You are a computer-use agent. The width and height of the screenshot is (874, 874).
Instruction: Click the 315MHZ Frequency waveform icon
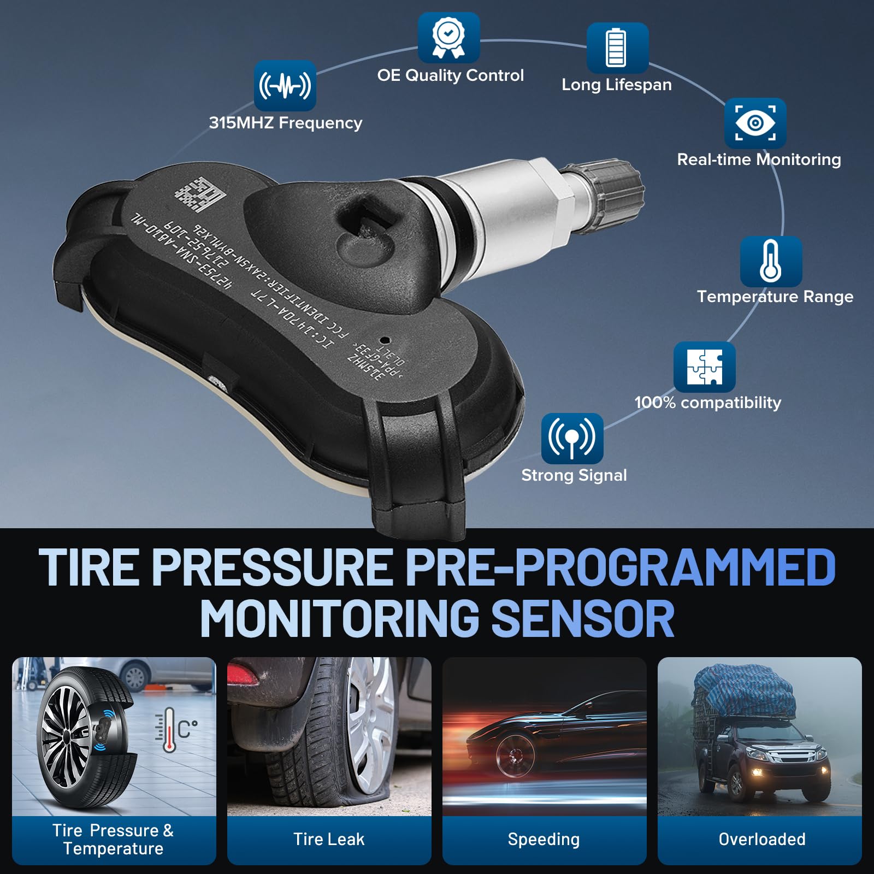(x=285, y=86)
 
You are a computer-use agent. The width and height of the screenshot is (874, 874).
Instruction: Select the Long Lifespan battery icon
(x=617, y=48)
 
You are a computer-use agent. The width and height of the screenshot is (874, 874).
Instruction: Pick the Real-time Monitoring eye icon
(x=755, y=123)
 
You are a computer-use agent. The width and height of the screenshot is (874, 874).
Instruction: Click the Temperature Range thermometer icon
(x=771, y=261)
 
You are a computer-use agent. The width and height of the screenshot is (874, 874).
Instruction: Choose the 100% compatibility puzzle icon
(x=704, y=367)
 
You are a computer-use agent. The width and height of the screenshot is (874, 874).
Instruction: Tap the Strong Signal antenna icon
(x=572, y=438)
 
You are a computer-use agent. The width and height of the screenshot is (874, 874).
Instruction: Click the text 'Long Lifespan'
(x=617, y=85)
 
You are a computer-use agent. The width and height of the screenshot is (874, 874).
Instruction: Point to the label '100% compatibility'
(x=707, y=403)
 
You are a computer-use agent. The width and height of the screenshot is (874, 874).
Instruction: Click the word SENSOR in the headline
(x=583, y=618)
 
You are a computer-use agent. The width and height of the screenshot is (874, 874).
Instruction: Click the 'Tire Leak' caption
(x=329, y=839)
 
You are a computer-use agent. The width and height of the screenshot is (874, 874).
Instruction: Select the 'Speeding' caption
(x=544, y=839)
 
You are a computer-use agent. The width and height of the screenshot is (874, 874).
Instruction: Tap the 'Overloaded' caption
(x=761, y=839)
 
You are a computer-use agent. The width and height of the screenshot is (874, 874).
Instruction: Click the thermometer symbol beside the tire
(x=169, y=730)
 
